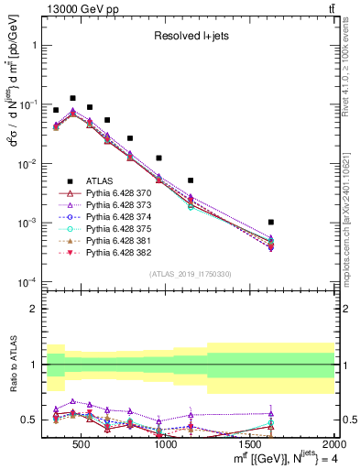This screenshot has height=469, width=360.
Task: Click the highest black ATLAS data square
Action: click(x=72, y=97)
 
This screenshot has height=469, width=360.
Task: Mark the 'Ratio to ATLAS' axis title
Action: click(x=12, y=365)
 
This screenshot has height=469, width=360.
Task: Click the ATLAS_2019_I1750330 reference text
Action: click(x=191, y=274)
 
